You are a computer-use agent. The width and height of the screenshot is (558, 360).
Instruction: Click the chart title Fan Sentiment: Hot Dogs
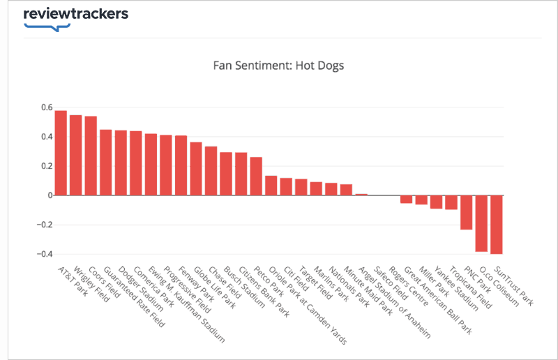coord(278,66)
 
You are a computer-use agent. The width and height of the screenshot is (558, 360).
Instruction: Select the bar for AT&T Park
coord(61,153)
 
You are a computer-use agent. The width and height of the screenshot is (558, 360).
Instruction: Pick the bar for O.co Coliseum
coord(481,223)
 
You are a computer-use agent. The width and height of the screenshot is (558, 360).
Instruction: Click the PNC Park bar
coord(466,212)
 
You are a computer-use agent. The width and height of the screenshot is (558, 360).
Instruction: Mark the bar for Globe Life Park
coord(196,169)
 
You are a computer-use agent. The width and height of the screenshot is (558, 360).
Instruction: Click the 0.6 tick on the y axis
coord(46,107)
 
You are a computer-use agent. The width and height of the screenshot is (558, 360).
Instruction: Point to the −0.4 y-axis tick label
coord(43,254)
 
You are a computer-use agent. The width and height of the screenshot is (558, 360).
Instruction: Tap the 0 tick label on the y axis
coord(50,195)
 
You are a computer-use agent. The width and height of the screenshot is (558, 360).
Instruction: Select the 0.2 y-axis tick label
coord(46,166)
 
